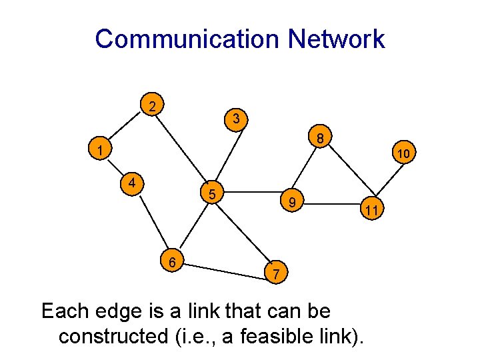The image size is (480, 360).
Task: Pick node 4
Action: click(133, 182)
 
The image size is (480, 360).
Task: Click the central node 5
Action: click(211, 195)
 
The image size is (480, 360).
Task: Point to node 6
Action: click(172, 262)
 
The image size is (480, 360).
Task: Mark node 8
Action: click(320, 139)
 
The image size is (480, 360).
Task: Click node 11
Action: click(372, 211)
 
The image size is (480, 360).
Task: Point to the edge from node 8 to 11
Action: click(347, 175)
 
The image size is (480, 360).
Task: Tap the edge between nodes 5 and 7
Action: click(243, 233)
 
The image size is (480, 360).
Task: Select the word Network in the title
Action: click(336, 39)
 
